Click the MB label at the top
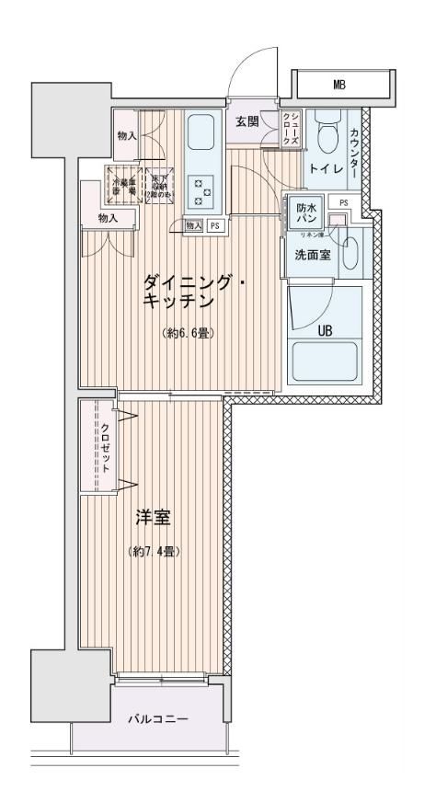(339, 86)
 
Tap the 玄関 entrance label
(246, 122)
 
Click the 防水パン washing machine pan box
(306, 214)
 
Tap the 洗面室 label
(313, 256)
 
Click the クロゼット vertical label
(106, 447)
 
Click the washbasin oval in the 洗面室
(349, 254)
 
